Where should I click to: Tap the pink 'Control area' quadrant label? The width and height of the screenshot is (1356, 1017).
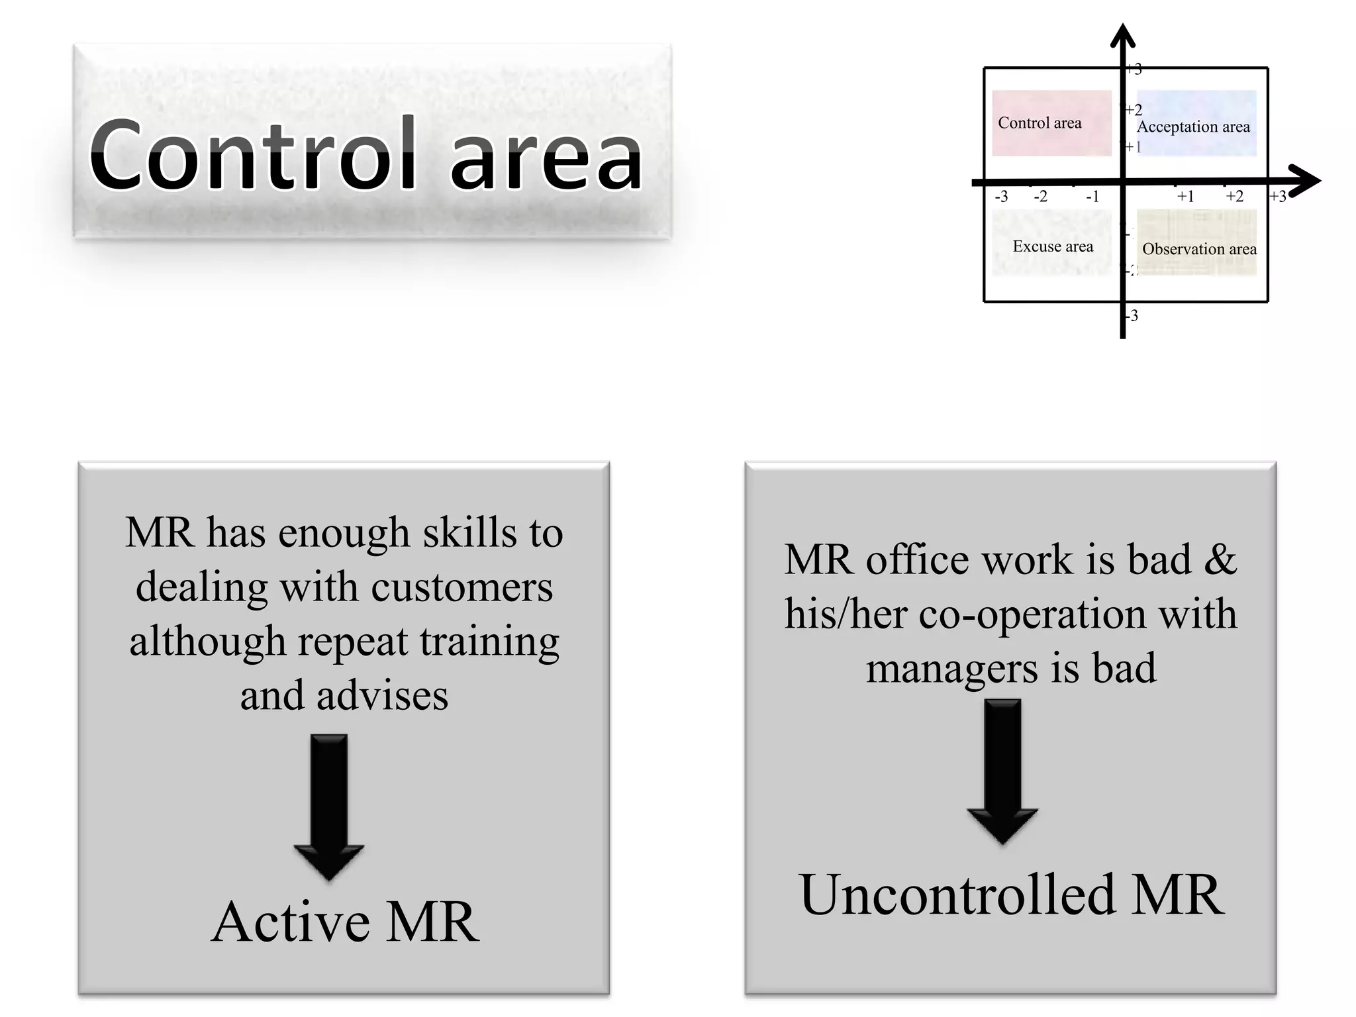tap(1040, 123)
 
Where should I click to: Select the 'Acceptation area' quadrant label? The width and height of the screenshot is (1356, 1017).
tap(1193, 127)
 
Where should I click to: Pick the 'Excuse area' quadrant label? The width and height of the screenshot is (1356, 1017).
tap(1053, 247)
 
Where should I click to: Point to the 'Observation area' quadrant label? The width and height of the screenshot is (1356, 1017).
tap(1199, 250)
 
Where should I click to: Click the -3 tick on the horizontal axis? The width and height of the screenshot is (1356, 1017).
tap(1001, 197)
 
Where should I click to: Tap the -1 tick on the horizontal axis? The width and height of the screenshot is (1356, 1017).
tap(1092, 197)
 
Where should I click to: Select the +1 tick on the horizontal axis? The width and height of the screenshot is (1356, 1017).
tap(1185, 197)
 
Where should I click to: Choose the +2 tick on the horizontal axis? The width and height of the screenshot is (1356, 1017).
tap(1234, 197)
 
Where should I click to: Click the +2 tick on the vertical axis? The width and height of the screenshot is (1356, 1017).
tap(1134, 110)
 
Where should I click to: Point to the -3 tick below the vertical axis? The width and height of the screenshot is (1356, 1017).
tap(1133, 316)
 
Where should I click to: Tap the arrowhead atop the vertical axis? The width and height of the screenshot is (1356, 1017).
tap(1122, 36)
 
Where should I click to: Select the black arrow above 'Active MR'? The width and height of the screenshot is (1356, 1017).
tap(329, 804)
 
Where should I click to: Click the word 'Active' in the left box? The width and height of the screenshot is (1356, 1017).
tap(291, 922)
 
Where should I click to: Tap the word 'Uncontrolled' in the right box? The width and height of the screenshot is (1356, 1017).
tap(957, 895)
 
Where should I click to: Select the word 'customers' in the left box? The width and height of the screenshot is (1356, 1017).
tap(461, 587)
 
